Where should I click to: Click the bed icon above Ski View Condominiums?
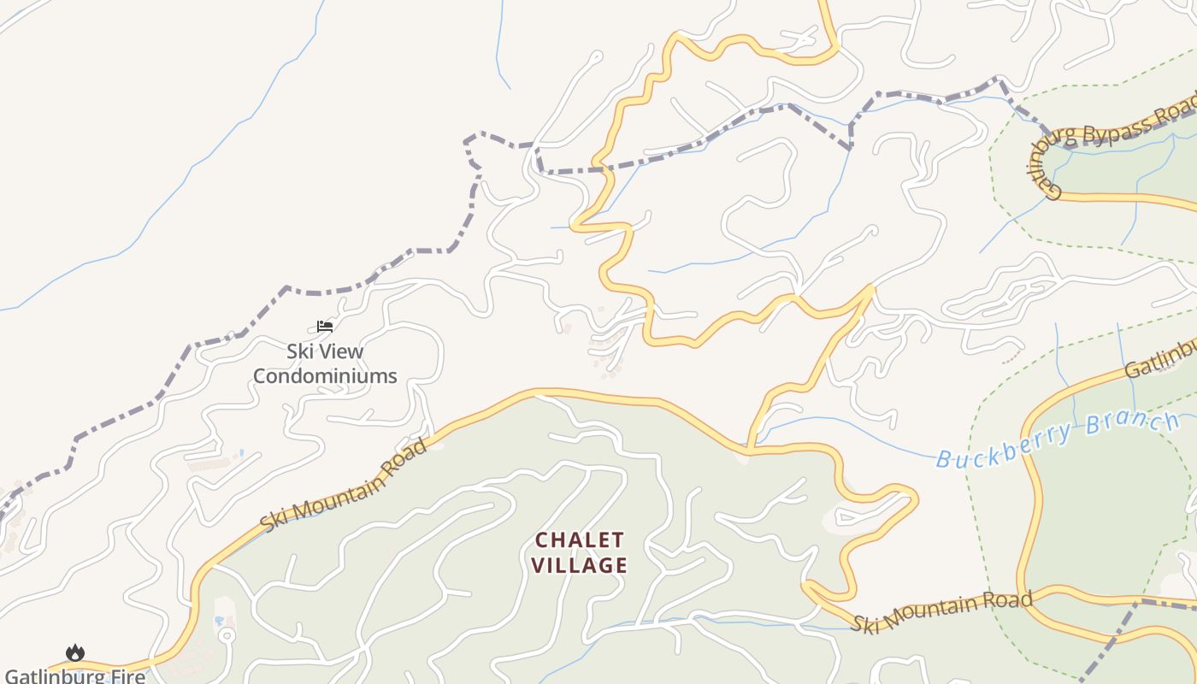[324, 326]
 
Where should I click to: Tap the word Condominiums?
[325, 375]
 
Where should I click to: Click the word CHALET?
[580, 540]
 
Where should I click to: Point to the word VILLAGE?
[580, 565]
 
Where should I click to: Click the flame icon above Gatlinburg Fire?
[75, 653]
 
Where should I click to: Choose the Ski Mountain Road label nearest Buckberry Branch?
[940, 610]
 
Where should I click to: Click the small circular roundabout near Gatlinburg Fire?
[227, 635]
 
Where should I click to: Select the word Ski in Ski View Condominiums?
[299, 351]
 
